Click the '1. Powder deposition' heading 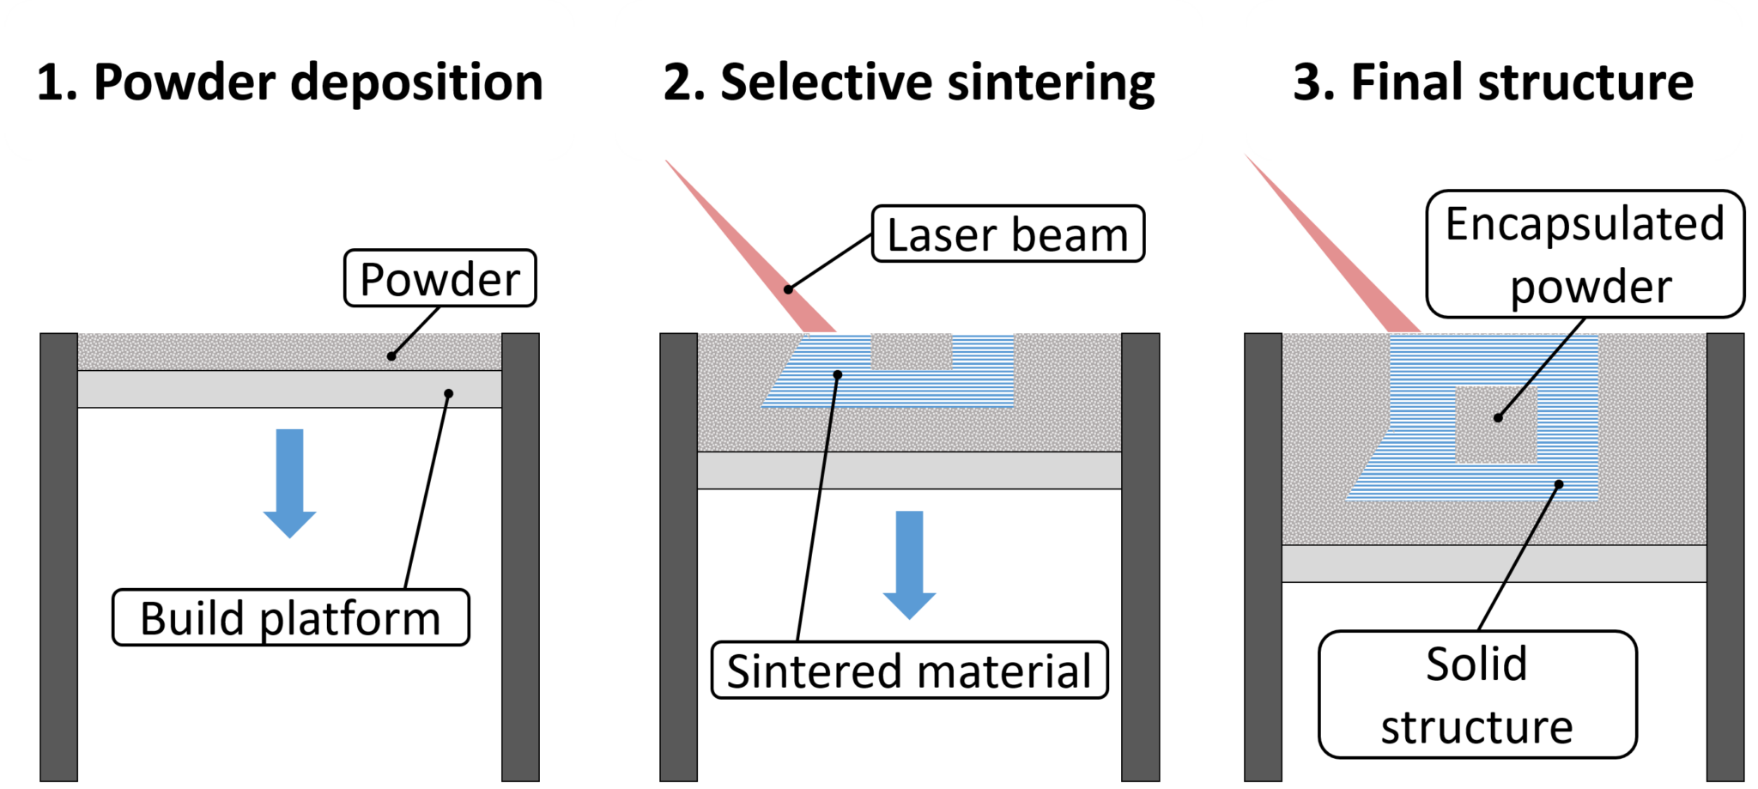click(x=289, y=82)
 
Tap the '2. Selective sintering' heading click(x=908, y=82)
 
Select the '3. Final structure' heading click(x=1493, y=82)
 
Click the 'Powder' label click(x=439, y=278)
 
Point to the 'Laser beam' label click(x=1007, y=234)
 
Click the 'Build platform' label click(x=290, y=617)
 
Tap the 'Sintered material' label click(x=909, y=670)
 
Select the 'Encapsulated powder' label click(x=1585, y=254)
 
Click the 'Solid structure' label click(x=1476, y=695)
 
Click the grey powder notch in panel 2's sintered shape click(x=912, y=351)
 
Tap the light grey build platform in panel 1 click(x=289, y=389)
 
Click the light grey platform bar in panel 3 click(x=1494, y=563)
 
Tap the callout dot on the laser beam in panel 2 click(x=788, y=289)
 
